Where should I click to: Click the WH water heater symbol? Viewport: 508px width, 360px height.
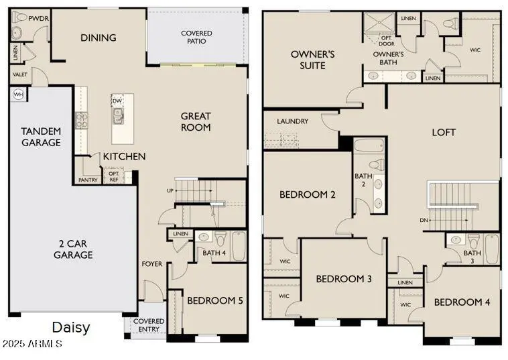pos(19,95)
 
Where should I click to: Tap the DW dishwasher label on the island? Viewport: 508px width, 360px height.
pos(117,101)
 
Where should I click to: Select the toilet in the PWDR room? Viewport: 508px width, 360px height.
pos(19,17)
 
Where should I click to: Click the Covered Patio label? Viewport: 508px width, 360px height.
pos(196,38)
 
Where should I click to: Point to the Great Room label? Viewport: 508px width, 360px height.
pos(196,121)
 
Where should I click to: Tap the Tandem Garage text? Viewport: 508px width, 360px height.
pos(41,137)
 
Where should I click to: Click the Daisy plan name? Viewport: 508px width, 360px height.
pos(71,328)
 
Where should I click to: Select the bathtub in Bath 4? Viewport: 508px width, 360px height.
pos(239,245)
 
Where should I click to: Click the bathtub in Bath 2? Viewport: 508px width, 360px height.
pos(369,145)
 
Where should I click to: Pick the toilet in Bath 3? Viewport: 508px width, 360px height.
pos(473,241)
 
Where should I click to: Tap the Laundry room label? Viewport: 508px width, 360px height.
pos(293,121)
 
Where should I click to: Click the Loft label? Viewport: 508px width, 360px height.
pos(444,132)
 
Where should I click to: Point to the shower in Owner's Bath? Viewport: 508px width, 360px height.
pos(379,23)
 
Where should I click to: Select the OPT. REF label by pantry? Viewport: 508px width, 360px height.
pos(114,176)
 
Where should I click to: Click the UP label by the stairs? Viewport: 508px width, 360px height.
pos(170,190)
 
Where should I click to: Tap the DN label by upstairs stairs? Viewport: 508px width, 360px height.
pos(424,220)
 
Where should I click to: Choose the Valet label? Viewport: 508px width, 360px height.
pos(19,74)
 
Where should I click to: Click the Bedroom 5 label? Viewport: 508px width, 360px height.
pos(215,300)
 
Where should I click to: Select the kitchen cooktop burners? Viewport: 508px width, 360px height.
pos(81,121)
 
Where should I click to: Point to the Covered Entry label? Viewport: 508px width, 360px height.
pos(149,325)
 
